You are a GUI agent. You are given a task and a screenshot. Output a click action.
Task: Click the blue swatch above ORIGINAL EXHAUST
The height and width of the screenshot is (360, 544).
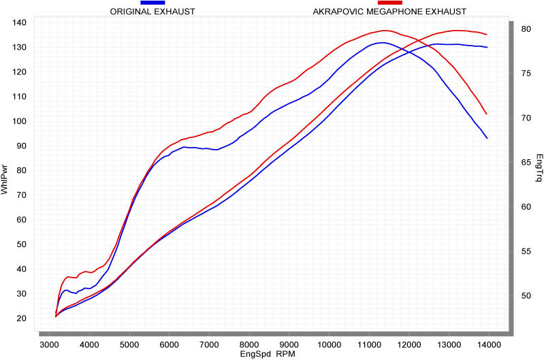pos(153,3)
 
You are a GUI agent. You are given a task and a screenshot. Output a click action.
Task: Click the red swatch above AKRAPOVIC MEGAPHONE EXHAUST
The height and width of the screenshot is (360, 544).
pos(389,3)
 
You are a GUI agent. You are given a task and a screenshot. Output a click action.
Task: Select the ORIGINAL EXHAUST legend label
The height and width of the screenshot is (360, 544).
pos(153,12)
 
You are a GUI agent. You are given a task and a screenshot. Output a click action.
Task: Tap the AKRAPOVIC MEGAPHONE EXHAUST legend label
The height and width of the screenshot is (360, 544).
pos(389,12)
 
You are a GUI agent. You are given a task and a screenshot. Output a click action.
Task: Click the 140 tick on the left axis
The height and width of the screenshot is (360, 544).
pos(19,22)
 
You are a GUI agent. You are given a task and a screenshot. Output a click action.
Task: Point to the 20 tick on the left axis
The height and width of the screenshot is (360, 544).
pos(20,318)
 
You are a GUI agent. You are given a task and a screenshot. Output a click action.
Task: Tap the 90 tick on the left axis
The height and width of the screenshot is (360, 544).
pos(20,146)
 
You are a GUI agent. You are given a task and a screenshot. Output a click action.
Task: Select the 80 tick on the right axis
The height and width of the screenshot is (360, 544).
pos(526,29)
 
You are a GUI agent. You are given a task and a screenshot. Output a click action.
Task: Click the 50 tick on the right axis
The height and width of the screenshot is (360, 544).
pos(526,296)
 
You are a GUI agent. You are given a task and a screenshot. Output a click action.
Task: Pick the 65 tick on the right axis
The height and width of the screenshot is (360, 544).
pos(526,163)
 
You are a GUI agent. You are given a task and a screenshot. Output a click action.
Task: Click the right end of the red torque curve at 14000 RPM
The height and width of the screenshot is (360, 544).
pos(487,114)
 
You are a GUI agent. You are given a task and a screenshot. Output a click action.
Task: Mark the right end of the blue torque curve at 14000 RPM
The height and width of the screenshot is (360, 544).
pos(487,138)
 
